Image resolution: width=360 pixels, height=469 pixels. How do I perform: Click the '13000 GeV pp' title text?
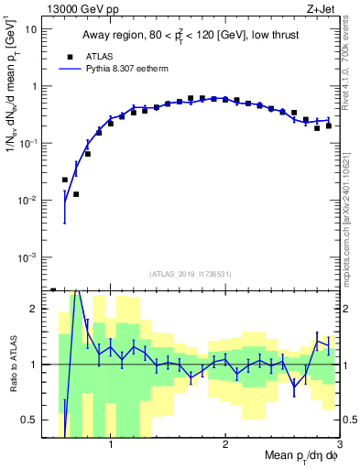click(x=81, y=8)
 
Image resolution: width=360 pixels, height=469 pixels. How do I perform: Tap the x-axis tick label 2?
click(x=225, y=444)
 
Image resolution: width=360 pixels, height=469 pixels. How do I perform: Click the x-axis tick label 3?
click(x=338, y=444)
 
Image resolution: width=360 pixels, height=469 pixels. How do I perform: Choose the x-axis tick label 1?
click(x=111, y=444)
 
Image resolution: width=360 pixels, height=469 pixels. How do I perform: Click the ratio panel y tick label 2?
click(x=33, y=309)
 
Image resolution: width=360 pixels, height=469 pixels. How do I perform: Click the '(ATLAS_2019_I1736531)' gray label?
click(x=191, y=274)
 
